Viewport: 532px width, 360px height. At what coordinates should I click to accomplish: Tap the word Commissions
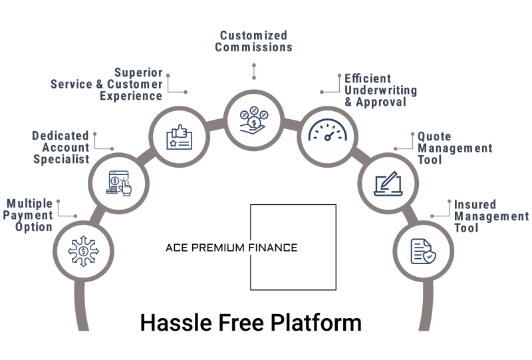tap(255, 47)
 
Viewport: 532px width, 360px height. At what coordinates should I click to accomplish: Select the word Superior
tap(138, 72)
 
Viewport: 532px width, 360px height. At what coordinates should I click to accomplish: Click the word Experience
tap(131, 96)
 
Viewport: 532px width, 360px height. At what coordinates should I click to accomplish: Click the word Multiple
tap(30, 202)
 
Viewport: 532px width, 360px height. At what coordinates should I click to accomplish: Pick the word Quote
tap(434, 136)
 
